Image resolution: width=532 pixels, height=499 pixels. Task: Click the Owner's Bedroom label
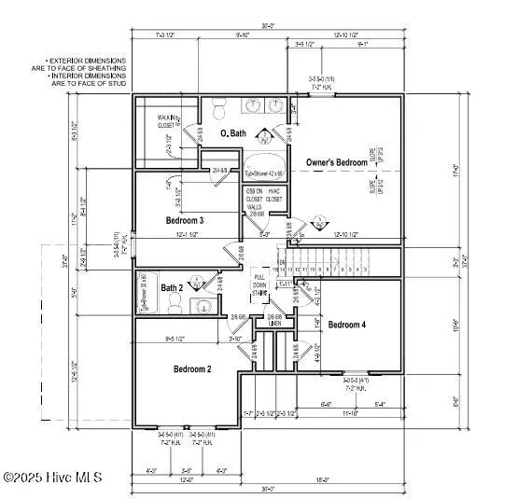(x=337, y=162)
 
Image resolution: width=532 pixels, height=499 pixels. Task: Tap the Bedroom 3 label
(x=185, y=220)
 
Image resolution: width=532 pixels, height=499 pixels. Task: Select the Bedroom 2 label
(x=191, y=369)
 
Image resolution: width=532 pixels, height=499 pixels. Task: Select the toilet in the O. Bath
(x=218, y=107)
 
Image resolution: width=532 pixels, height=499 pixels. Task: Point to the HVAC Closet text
(x=274, y=194)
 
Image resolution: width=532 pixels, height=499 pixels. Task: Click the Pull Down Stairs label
(x=260, y=285)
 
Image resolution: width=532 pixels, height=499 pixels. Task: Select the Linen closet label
(x=274, y=324)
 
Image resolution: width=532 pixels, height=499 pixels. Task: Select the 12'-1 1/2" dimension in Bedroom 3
(x=188, y=236)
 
